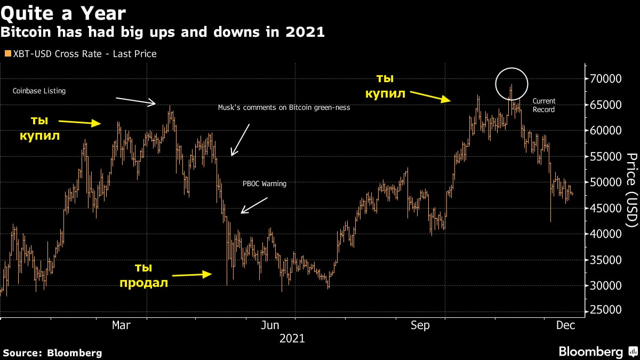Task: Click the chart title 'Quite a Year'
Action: (x=63, y=12)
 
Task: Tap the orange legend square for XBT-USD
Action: (x=7, y=54)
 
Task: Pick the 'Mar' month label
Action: (x=121, y=325)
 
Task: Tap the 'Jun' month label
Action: (x=270, y=325)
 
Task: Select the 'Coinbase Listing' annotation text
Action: (x=39, y=91)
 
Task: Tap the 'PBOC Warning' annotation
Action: (x=265, y=184)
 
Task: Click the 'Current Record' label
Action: (x=544, y=105)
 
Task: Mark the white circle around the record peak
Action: (x=511, y=84)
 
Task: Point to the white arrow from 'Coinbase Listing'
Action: (x=135, y=101)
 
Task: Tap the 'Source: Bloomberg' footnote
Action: (x=52, y=353)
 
